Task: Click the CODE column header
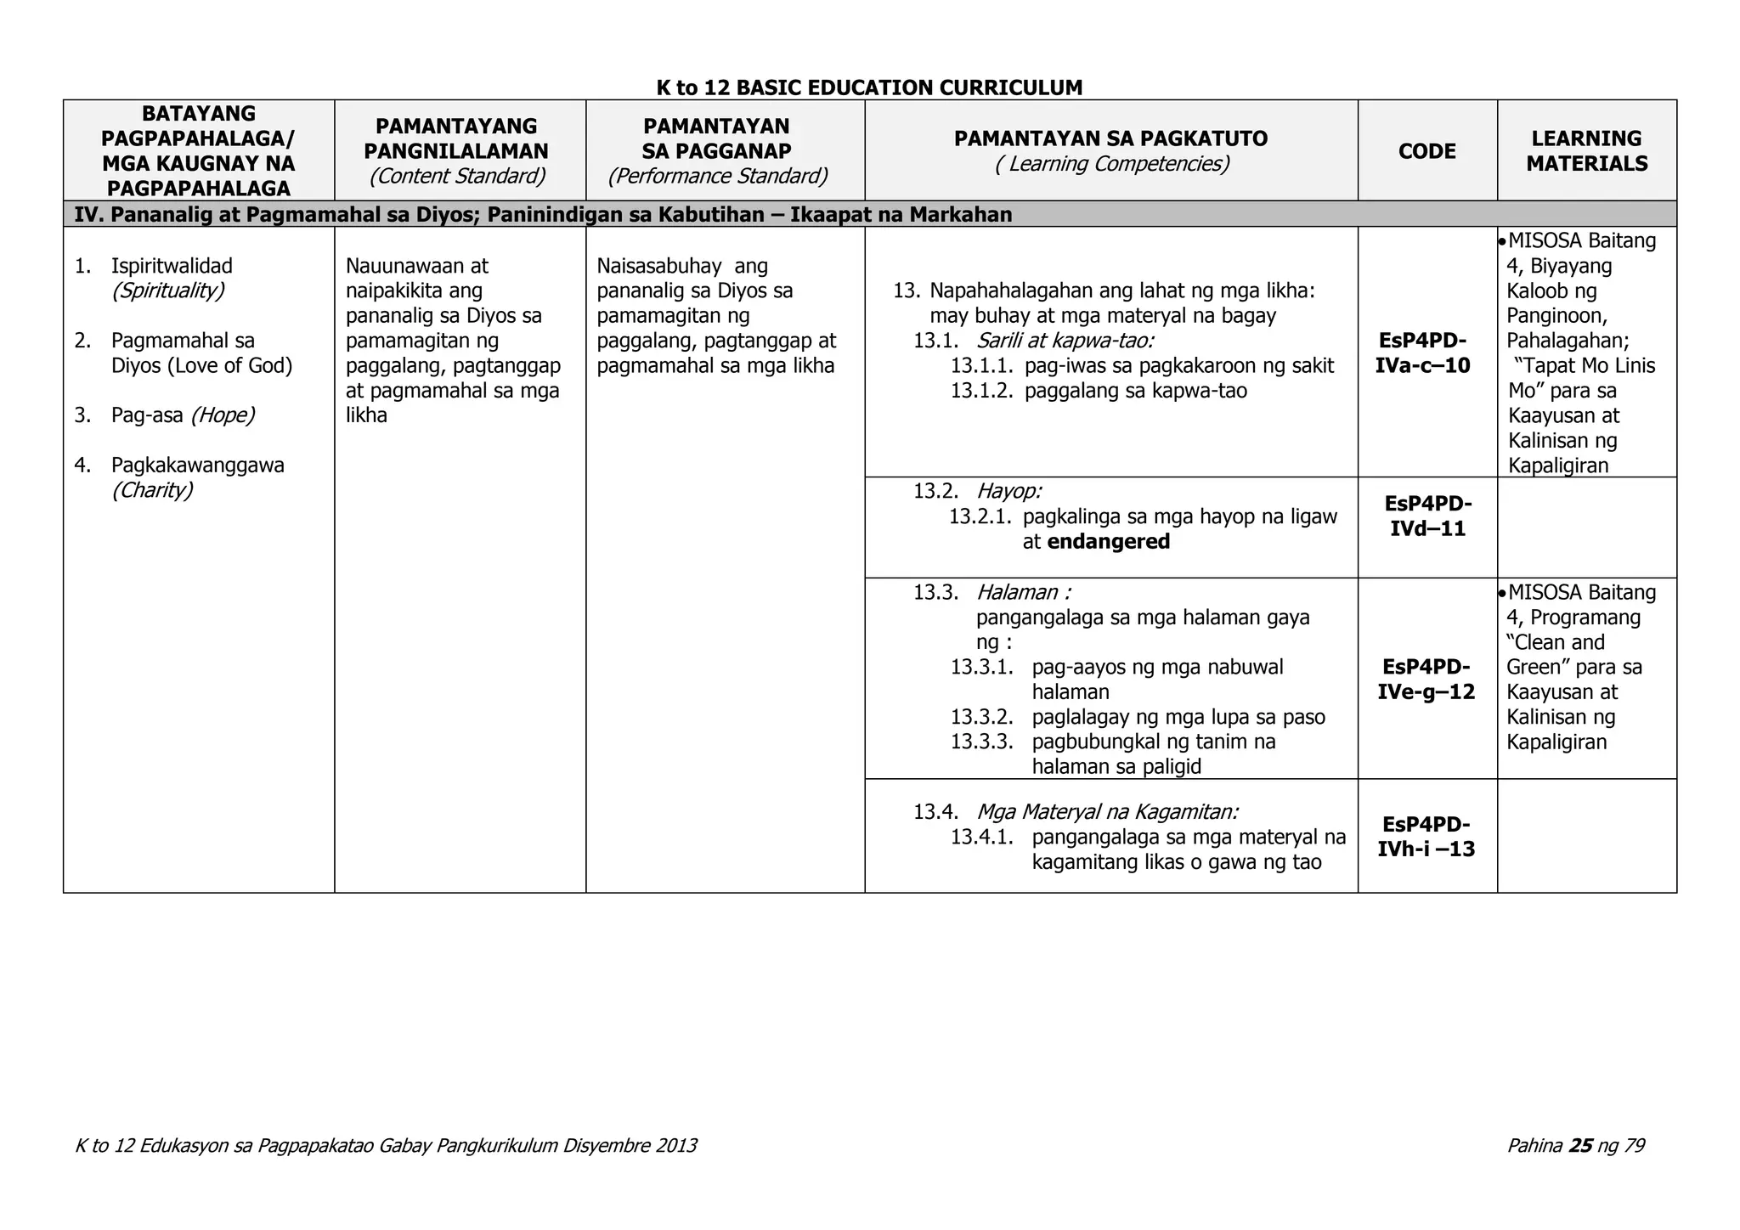[x=1426, y=151]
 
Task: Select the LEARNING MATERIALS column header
[x=1586, y=151]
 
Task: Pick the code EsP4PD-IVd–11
[x=1427, y=516]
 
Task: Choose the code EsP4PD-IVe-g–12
[x=1427, y=679]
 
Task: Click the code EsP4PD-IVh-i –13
[x=1427, y=836]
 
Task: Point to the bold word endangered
[x=1109, y=542]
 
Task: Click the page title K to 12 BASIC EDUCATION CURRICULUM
[x=869, y=87]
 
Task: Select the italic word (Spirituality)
[x=168, y=291]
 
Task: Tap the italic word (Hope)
[x=223, y=415]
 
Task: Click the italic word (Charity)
[x=152, y=490]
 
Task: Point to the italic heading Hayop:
[x=1008, y=491]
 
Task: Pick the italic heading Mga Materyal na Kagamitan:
[x=1107, y=811]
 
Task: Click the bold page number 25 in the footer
[x=1580, y=1146]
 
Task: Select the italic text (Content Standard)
[x=457, y=176]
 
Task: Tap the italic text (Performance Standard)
[x=717, y=176]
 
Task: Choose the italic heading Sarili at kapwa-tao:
[x=1065, y=341]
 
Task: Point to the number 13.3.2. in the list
[x=982, y=717]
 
